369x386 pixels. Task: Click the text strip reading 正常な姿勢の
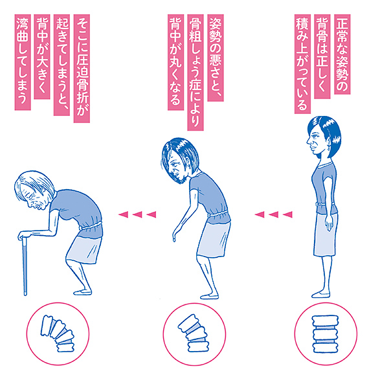click(342, 54)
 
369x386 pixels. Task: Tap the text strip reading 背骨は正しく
click(322, 56)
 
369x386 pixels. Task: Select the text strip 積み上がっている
click(302, 63)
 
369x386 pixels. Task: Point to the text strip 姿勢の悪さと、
click(216, 58)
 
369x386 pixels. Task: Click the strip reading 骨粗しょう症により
click(196, 73)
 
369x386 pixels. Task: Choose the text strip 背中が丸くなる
click(175, 62)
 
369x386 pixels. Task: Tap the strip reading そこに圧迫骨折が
click(82, 69)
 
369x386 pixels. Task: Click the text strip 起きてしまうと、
click(61, 65)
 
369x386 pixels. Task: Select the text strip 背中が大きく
click(42, 56)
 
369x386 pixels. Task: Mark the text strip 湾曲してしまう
click(23, 62)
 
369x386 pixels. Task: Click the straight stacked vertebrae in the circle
click(325, 334)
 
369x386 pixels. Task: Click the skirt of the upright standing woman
click(325, 234)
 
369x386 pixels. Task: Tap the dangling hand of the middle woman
click(175, 236)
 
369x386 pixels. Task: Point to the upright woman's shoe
click(320, 295)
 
